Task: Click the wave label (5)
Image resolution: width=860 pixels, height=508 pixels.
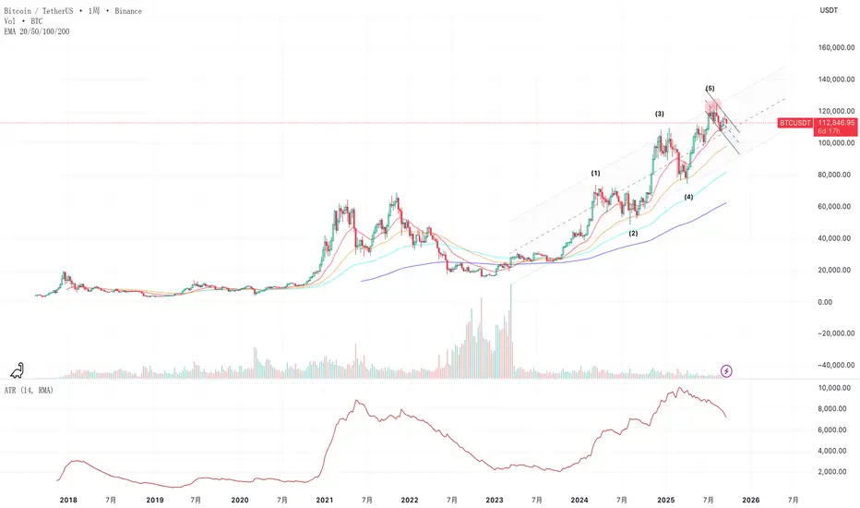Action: pyautogui.click(x=710, y=88)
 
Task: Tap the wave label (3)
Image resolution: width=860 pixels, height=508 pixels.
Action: pyautogui.click(x=660, y=114)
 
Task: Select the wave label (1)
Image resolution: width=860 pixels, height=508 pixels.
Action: pyautogui.click(x=595, y=173)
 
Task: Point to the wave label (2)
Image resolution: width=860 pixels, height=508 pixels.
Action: pyautogui.click(x=634, y=234)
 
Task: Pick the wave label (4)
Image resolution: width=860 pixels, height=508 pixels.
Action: pyautogui.click(x=688, y=198)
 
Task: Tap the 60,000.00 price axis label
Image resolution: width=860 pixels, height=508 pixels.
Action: pyautogui.click(x=834, y=207)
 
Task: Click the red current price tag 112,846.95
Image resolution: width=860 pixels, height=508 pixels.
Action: pyautogui.click(x=835, y=122)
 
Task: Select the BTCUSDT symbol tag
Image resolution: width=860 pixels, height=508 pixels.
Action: pyautogui.click(x=794, y=122)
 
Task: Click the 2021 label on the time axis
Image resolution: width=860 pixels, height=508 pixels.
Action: pyautogui.click(x=324, y=500)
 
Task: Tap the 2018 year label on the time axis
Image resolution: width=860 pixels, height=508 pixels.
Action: pyautogui.click(x=67, y=500)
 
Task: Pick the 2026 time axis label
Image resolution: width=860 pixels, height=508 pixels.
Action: pyautogui.click(x=749, y=500)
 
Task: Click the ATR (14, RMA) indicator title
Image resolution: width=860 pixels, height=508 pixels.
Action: pyautogui.click(x=30, y=390)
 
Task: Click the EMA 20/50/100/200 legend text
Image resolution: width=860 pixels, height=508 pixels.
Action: pyautogui.click(x=36, y=31)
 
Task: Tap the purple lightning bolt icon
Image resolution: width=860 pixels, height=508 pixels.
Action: pyautogui.click(x=727, y=370)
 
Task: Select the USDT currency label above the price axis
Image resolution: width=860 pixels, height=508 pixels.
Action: pyautogui.click(x=830, y=10)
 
